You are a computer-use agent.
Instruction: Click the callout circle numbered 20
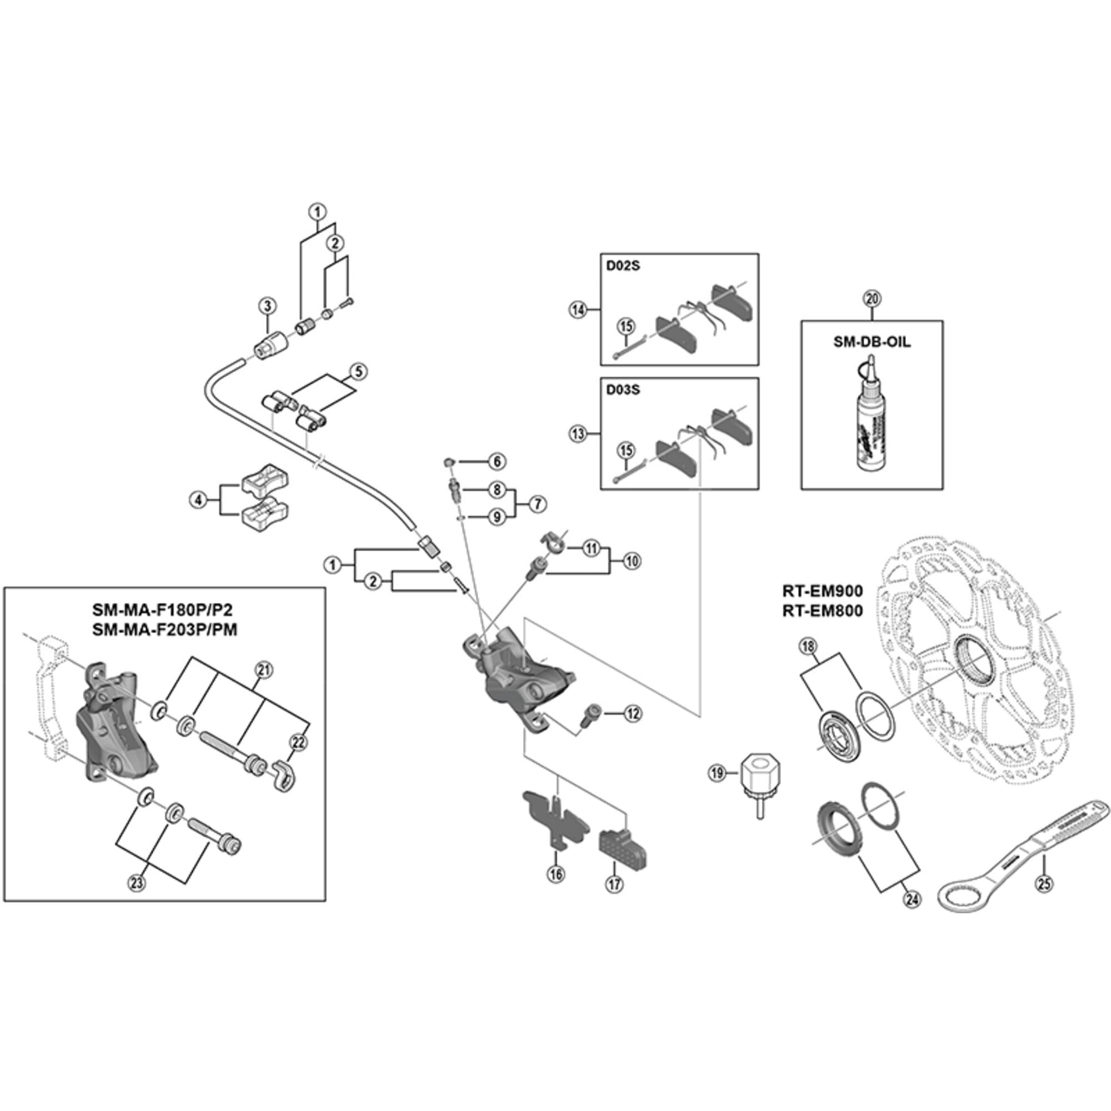click(x=872, y=298)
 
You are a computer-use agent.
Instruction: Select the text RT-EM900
click(x=822, y=590)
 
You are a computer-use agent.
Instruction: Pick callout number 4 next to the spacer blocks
click(x=198, y=500)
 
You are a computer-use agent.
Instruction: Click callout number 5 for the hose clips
click(x=358, y=372)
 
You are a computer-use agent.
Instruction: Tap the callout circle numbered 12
click(x=633, y=714)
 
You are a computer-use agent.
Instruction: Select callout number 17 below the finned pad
click(x=615, y=883)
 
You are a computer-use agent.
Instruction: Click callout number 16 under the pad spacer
click(x=556, y=874)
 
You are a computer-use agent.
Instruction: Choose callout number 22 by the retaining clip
click(x=298, y=742)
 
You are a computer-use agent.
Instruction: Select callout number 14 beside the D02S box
click(x=578, y=309)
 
